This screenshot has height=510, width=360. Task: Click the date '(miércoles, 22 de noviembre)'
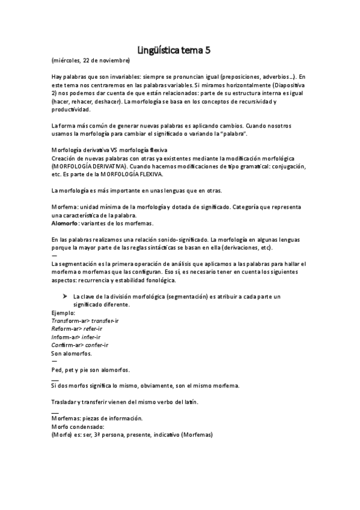[90, 61]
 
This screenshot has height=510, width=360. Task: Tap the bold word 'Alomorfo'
[66, 224]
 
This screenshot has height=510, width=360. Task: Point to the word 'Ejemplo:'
[63, 313]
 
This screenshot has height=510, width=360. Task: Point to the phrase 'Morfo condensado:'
[78, 426]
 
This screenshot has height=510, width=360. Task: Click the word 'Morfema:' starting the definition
[66, 207]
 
